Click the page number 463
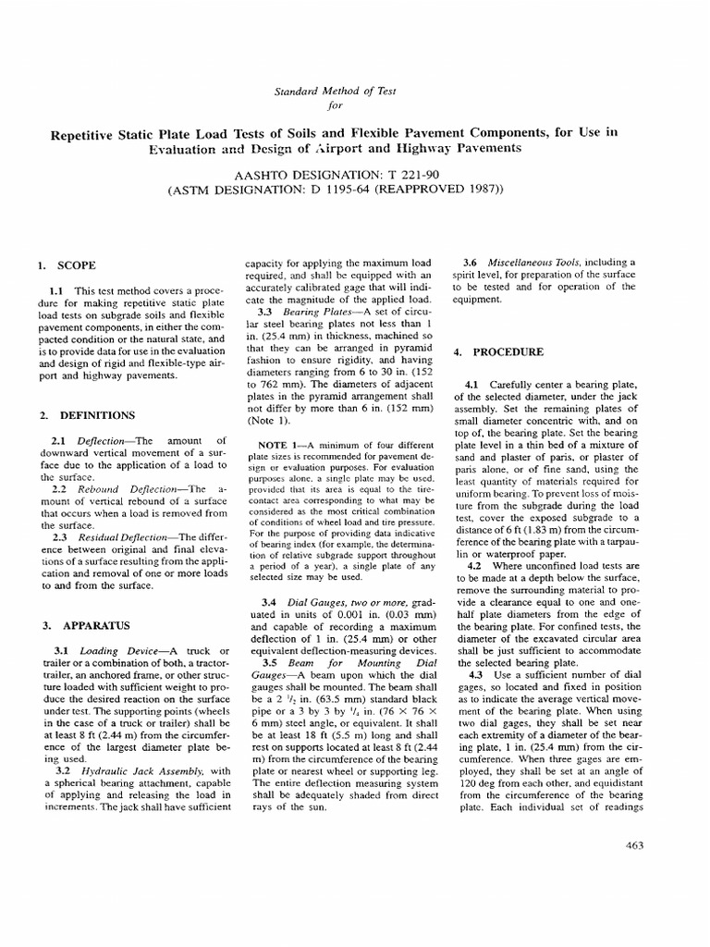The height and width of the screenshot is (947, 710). (x=633, y=844)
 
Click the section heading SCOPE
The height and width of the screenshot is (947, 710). (x=76, y=265)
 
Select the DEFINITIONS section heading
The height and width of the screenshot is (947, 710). (x=95, y=415)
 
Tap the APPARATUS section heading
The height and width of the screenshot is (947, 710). (x=90, y=626)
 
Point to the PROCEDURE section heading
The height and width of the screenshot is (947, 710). (x=508, y=352)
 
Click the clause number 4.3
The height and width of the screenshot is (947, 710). (x=475, y=675)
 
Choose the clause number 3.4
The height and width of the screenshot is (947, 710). (x=271, y=602)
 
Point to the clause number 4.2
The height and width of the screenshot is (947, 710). (x=475, y=564)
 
